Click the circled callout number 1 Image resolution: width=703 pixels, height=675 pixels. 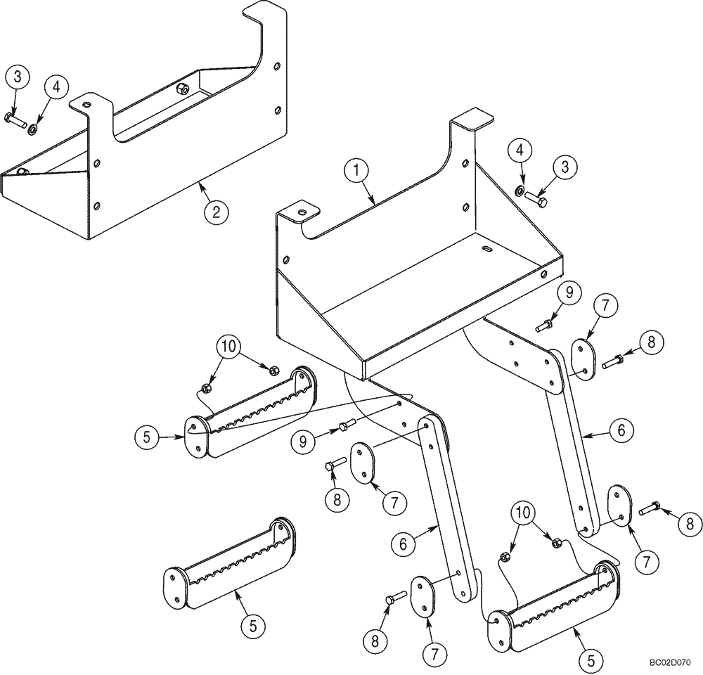point(359,169)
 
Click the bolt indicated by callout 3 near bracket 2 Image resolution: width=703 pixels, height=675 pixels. point(15,118)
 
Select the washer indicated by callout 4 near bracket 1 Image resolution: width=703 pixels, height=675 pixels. point(518,190)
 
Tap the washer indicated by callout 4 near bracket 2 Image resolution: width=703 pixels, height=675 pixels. point(33,129)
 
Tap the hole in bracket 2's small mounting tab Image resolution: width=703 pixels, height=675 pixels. point(85,104)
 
